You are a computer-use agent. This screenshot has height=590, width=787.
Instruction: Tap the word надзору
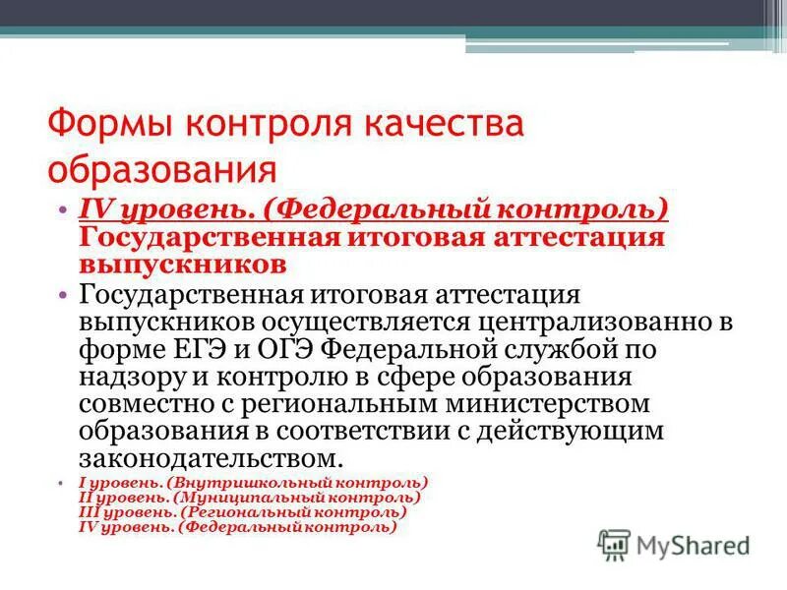tap(130, 377)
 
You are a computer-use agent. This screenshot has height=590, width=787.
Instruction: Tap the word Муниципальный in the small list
tap(246, 498)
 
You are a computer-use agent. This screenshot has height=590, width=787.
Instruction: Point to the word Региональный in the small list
tap(249, 512)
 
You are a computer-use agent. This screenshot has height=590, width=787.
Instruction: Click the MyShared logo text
tap(694, 544)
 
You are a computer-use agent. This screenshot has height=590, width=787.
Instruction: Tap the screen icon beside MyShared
tap(615, 544)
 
